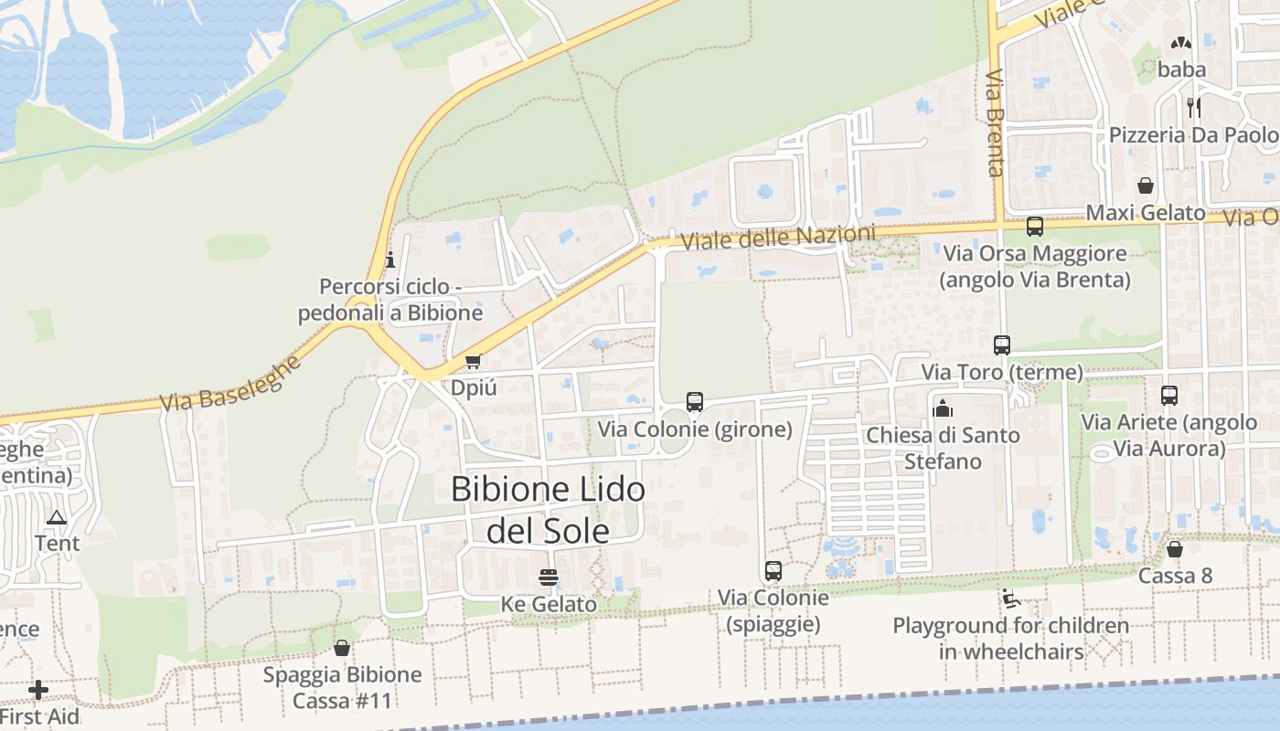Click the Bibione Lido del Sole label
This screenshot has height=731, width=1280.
[548, 509]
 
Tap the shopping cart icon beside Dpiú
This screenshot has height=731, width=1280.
[473, 362]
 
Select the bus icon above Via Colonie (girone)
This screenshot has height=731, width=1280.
[695, 402]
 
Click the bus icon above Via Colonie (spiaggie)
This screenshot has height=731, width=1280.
[773, 571]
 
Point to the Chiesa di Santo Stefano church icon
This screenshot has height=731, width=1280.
[943, 408]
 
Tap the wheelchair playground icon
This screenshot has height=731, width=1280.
[1011, 599]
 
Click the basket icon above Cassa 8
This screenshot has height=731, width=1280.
[1175, 549]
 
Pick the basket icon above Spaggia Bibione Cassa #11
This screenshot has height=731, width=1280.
[342, 648]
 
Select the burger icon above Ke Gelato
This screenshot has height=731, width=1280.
[549, 577]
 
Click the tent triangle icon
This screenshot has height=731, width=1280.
[57, 517]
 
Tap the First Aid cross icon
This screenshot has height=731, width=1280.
[38, 690]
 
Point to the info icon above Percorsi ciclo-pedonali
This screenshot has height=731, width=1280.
[390, 260]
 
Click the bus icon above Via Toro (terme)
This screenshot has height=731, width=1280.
[1002, 345]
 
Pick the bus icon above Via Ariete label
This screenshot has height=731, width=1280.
[1169, 396]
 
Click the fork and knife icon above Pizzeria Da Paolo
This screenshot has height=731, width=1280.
[1193, 107]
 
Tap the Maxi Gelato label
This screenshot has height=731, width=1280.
[1146, 213]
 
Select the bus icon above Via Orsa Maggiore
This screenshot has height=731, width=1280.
[1035, 227]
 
